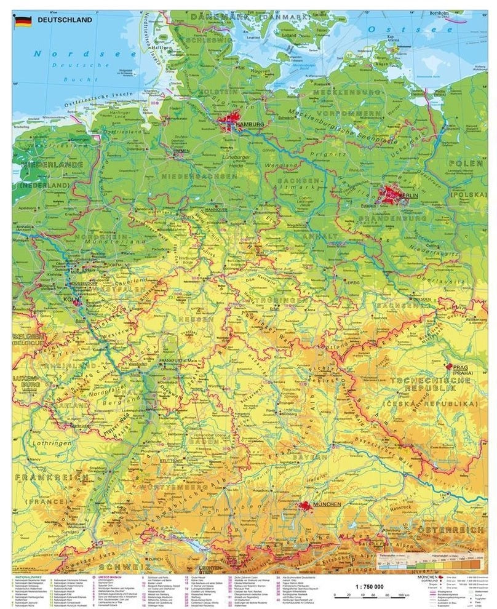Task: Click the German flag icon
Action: (23, 21)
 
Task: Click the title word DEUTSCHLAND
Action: (65, 20)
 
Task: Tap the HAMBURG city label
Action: (248, 124)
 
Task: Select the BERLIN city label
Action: (408, 195)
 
